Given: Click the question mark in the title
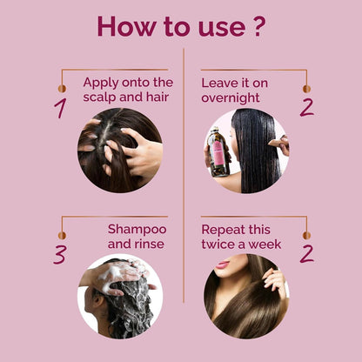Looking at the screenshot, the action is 258,27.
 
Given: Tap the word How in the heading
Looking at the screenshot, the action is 126,26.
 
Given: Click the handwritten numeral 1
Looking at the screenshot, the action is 60,108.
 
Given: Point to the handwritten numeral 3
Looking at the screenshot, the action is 60,255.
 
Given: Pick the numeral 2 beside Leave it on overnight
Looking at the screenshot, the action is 306,108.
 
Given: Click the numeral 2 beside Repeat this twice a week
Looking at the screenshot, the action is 306,254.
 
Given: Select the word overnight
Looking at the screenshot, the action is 231,98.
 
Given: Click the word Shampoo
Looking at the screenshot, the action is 137,231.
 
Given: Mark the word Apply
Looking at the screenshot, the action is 101,84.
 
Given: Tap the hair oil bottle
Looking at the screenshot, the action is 218,152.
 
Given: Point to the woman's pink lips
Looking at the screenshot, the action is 223,265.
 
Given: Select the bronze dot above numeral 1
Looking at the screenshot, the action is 62,89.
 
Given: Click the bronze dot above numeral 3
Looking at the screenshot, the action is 62,235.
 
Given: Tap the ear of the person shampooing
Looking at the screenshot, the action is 97,302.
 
